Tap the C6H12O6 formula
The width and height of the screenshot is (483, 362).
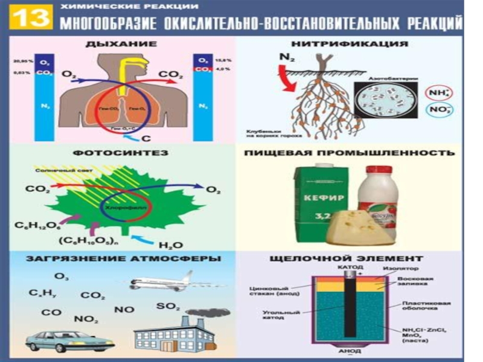coord(37,226)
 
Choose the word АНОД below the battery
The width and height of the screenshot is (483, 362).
coord(350,351)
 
